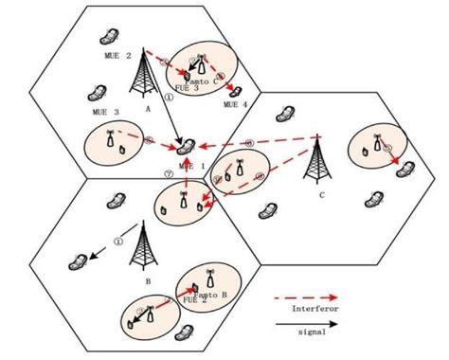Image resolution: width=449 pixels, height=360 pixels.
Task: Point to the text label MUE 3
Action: tap(105, 112)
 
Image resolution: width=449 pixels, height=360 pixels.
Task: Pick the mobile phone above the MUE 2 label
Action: tap(108, 37)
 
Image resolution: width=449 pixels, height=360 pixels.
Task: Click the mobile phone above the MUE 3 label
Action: tap(94, 94)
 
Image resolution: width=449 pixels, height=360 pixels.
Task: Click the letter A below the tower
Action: tap(148, 108)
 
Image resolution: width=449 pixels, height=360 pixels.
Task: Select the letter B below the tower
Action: tap(147, 281)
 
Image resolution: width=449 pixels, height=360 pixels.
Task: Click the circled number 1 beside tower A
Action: tap(169, 96)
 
